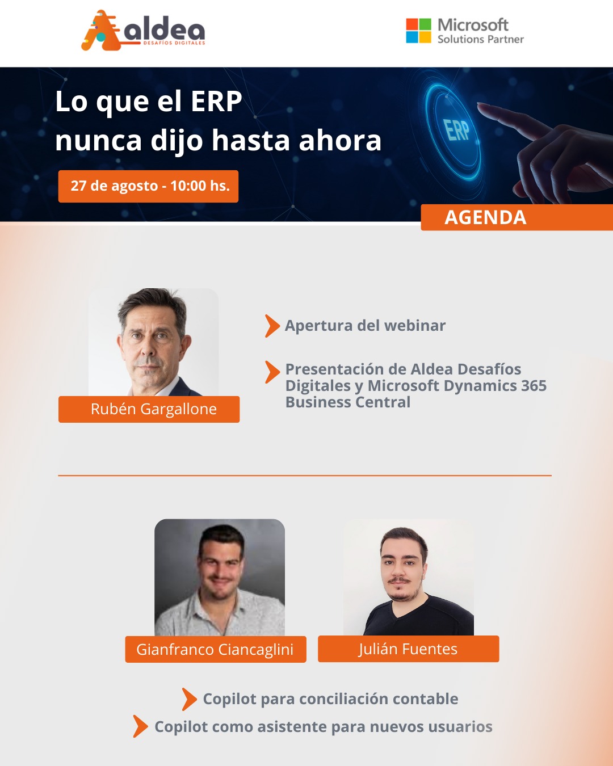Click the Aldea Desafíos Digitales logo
coord(143,30)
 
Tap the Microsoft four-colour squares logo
coord(418,31)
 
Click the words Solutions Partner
coord(481,39)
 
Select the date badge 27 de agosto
coord(148,186)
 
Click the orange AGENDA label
coord(517,217)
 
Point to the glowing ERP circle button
coord(454,130)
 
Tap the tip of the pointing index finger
coord(480,105)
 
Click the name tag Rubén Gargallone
coord(149,409)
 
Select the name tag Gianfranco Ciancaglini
coord(216,649)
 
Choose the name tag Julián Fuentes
coord(408,649)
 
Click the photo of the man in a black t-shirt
coord(409,577)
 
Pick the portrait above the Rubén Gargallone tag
coord(153,342)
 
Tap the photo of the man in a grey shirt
coord(220,578)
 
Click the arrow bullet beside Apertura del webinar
coord(272,326)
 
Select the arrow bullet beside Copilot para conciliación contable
coord(190,699)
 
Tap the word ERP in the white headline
coord(216,102)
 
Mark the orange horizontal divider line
coord(305,475)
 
